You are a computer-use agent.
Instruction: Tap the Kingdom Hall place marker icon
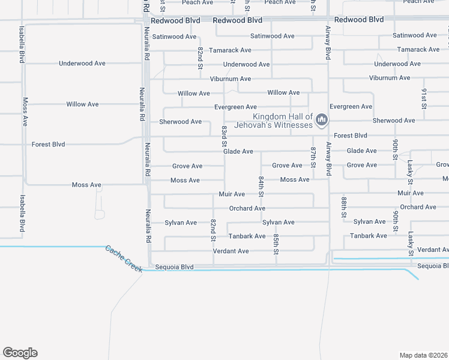(322, 121)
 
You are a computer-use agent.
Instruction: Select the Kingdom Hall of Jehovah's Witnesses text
(283, 121)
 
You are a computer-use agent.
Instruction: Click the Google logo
(20, 353)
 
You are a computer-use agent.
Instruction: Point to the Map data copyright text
(424, 355)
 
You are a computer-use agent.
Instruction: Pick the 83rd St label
(224, 136)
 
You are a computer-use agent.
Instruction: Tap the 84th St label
(261, 186)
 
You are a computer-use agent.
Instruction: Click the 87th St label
(313, 157)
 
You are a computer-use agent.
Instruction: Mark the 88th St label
(344, 206)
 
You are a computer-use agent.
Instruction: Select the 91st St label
(424, 98)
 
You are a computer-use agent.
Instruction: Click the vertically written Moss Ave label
(25, 112)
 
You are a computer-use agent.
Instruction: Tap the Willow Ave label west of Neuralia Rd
(82, 104)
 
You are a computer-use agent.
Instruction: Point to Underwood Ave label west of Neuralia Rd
(82, 63)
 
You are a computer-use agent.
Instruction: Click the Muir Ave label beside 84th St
(232, 194)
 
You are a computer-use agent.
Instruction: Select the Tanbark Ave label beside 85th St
(247, 236)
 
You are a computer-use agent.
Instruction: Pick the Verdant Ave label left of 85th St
(231, 251)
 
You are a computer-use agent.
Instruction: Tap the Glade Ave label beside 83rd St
(238, 152)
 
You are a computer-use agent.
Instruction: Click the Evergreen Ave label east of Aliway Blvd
(351, 107)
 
